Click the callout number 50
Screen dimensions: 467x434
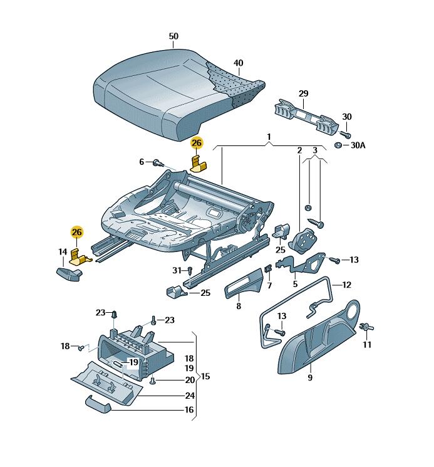pos(173,36)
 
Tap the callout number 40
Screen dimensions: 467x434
pos(238,63)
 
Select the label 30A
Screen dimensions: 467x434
pos(358,145)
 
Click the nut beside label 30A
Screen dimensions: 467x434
pos(338,146)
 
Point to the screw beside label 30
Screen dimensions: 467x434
pos(344,133)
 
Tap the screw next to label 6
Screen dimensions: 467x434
pos(155,163)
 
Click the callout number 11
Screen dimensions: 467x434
pos(368,345)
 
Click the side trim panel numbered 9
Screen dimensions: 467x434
pos(313,342)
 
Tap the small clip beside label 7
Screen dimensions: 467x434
pos(268,270)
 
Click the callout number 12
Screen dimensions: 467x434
pos(346,285)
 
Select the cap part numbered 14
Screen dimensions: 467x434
pos(70,274)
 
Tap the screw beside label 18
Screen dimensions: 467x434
pos(81,347)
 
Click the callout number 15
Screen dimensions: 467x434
pos(205,377)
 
